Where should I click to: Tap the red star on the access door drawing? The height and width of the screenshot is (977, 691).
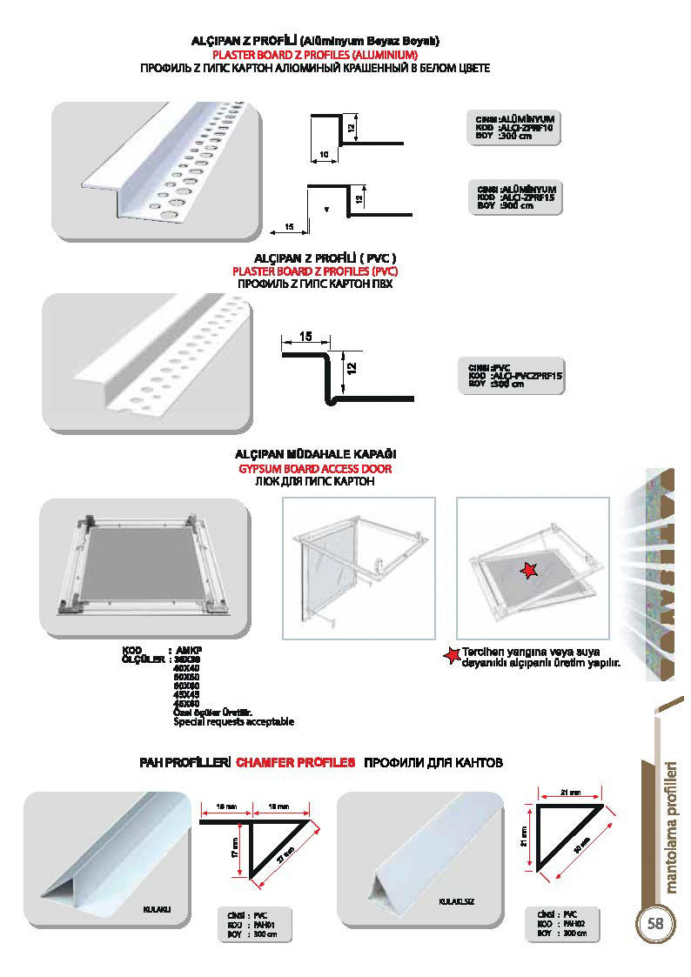527,570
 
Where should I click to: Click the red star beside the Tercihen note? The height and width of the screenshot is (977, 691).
451,655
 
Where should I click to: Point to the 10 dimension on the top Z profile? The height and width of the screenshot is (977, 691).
323,154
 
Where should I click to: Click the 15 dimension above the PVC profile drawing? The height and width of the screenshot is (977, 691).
305,337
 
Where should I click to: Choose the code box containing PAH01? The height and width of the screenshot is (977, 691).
253,925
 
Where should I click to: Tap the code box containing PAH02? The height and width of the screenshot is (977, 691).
562,923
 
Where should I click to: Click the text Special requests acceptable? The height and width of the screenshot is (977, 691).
234,722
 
